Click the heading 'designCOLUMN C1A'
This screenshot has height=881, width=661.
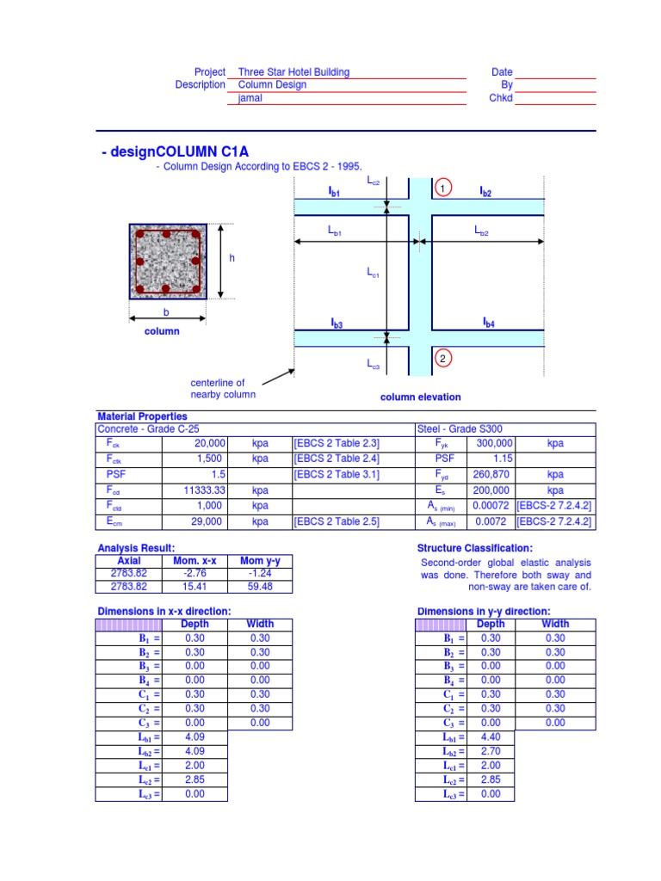[x=170, y=152]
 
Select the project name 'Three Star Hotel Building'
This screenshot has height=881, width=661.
[x=293, y=72]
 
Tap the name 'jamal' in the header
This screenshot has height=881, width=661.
[x=250, y=98]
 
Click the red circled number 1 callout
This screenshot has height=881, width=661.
[x=442, y=189]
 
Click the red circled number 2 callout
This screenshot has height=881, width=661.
[x=442, y=358]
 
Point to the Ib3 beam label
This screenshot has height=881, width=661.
[x=337, y=323]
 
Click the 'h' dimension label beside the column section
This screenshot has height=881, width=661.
[x=232, y=258]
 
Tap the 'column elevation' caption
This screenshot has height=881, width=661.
[x=421, y=397]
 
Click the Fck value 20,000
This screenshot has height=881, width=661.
[x=208, y=443]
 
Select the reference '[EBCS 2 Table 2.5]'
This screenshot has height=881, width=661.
[x=337, y=521]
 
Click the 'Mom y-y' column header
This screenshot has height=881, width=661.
[x=260, y=561]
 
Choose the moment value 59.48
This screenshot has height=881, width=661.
[x=260, y=587]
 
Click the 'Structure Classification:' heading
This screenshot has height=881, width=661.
[x=474, y=548]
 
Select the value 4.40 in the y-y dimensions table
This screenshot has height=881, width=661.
[x=491, y=736]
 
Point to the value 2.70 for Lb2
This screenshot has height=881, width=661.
[x=491, y=750]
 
